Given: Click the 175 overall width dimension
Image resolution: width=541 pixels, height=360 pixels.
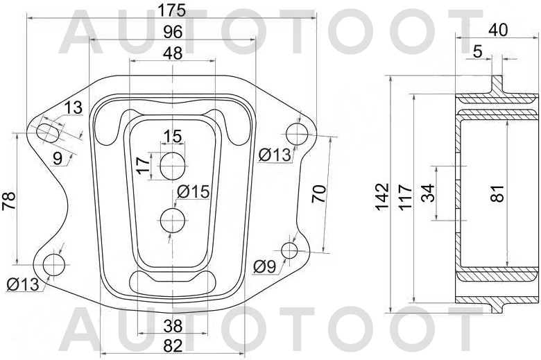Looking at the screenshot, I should pyautogui.click(x=172, y=10).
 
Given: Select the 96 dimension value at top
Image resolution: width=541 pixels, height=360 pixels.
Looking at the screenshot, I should pyautogui.click(x=172, y=32).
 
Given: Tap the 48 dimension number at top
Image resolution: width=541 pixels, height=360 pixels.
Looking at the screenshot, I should pyautogui.click(x=172, y=53).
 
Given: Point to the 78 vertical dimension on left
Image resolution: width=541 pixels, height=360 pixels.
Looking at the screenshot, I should pyautogui.click(x=8, y=200).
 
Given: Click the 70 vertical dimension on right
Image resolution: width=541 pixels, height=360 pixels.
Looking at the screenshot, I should pyautogui.click(x=318, y=193).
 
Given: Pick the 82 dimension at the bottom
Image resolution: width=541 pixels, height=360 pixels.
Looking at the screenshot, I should pyautogui.click(x=172, y=345).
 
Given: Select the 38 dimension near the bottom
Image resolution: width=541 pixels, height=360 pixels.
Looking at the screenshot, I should pyautogui.click(x=172, y=324).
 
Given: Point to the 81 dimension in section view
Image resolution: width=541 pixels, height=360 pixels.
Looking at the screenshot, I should pyautogui.click(x=497, y=194).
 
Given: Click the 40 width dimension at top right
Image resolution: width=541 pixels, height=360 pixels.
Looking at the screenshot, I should pyautogui.click(x=498, y=30).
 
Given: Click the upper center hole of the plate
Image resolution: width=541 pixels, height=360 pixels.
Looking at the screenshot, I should pyautogui.click(x=172, y=165).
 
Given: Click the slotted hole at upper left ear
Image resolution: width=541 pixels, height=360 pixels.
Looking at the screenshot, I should pyautogui.click(x=49, y=131).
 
